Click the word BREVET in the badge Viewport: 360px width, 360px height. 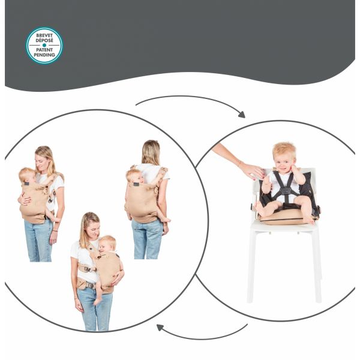coord(44,35)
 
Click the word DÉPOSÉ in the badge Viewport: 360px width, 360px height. coord(44,40)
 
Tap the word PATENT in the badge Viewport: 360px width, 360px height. coord(44,50)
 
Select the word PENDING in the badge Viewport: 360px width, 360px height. coord(44,55)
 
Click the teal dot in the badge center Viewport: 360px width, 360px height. coord(44,45)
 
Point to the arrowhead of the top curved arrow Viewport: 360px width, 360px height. coord(242,115)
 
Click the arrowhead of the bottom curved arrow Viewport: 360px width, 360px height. coord(160,327)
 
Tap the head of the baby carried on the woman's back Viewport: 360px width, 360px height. coord(134,176)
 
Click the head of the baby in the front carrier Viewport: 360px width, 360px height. coord(26,175)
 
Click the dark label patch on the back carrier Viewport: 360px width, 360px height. coord(136,184)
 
